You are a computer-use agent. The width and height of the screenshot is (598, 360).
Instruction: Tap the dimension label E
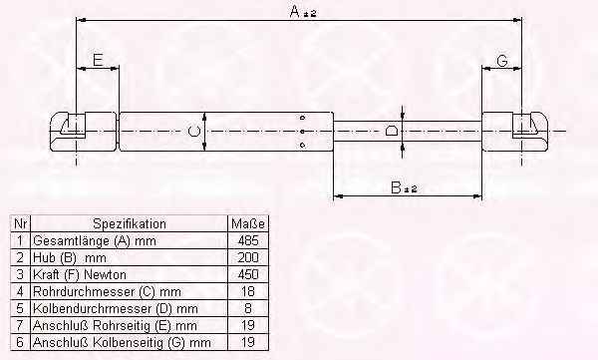(98, 60)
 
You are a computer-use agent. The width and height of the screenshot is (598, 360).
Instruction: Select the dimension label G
(502, 61)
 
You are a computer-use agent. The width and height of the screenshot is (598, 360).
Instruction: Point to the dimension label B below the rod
(397, 187)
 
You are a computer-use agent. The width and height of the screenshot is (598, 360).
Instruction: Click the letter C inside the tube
(194, 132)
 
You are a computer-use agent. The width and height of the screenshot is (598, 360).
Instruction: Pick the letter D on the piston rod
(392, 131)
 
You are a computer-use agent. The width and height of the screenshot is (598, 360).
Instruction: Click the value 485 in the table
(248, 241)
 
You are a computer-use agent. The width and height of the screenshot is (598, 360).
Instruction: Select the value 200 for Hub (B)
(248, 257)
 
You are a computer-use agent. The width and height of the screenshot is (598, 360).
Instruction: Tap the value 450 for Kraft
(248, 274)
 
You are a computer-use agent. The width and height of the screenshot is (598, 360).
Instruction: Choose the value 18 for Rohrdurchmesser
(248, 291)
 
